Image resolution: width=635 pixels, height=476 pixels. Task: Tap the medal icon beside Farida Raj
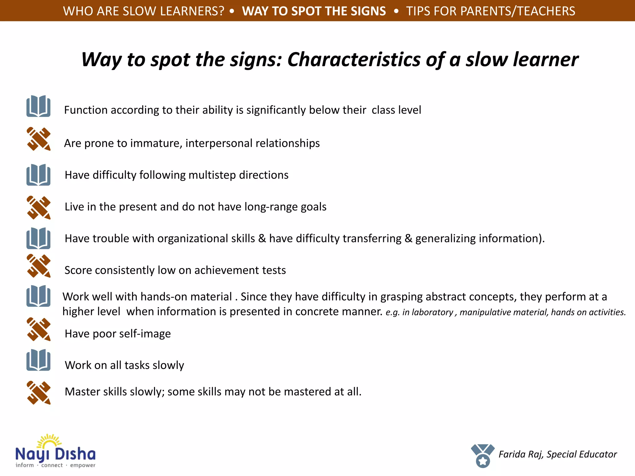(x=482, y=456)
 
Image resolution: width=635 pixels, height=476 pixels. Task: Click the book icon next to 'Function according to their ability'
(x=38, y=106)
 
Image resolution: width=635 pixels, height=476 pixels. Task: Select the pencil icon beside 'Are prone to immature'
(x=38, y=139)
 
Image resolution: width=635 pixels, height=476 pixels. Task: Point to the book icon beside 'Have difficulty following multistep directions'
(x=38, y=175)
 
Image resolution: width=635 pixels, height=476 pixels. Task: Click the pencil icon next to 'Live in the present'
(x=38, y=207)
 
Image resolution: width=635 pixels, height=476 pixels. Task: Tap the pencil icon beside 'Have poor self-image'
(x=38, y=329)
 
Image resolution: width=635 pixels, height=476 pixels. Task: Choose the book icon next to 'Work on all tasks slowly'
(x=38, y=360)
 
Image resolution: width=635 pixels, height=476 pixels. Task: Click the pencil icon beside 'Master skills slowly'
(x=38, y=393)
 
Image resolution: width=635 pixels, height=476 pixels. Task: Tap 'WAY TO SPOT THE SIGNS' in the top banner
(x=314, y=11)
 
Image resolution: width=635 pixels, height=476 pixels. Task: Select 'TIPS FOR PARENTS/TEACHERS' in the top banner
(x=491, y=11)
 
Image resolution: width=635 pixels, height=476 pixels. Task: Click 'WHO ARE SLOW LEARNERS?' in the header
(x=144, y=11)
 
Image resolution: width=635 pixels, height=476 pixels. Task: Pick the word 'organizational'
(x=206, y=239)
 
